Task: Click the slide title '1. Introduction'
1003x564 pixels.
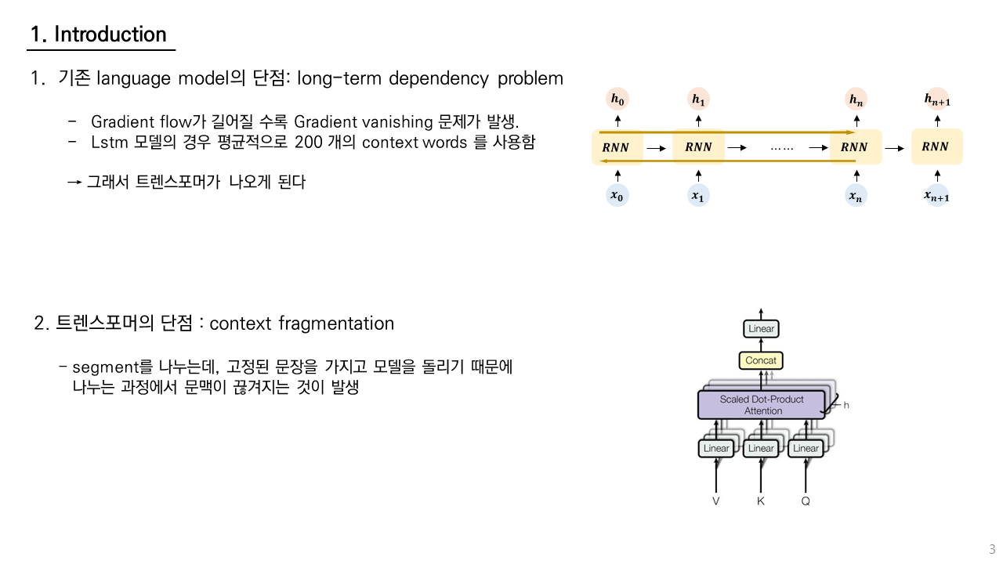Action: pos(99,34)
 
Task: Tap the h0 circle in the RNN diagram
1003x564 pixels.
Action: pos(617,99)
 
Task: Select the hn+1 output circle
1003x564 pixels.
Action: pos(937,99)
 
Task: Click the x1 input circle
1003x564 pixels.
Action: pos(697,197)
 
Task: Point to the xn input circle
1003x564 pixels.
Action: pos(856,197)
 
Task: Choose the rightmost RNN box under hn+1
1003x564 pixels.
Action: pos(937,146)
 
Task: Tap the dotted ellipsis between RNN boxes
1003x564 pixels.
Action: pos(781,147)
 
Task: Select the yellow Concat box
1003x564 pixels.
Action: pos(761,360)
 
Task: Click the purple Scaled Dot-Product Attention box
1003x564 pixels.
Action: pos(762,405)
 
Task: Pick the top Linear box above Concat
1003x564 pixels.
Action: pos(761,329)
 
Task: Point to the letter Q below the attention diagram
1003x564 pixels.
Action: pos(806,501)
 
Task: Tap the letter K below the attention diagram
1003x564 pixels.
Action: pos(761,501)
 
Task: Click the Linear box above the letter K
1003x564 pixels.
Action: pos(761,448)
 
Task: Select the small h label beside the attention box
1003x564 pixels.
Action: pos(845,406)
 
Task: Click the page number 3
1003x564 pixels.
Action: pos(991,549)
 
